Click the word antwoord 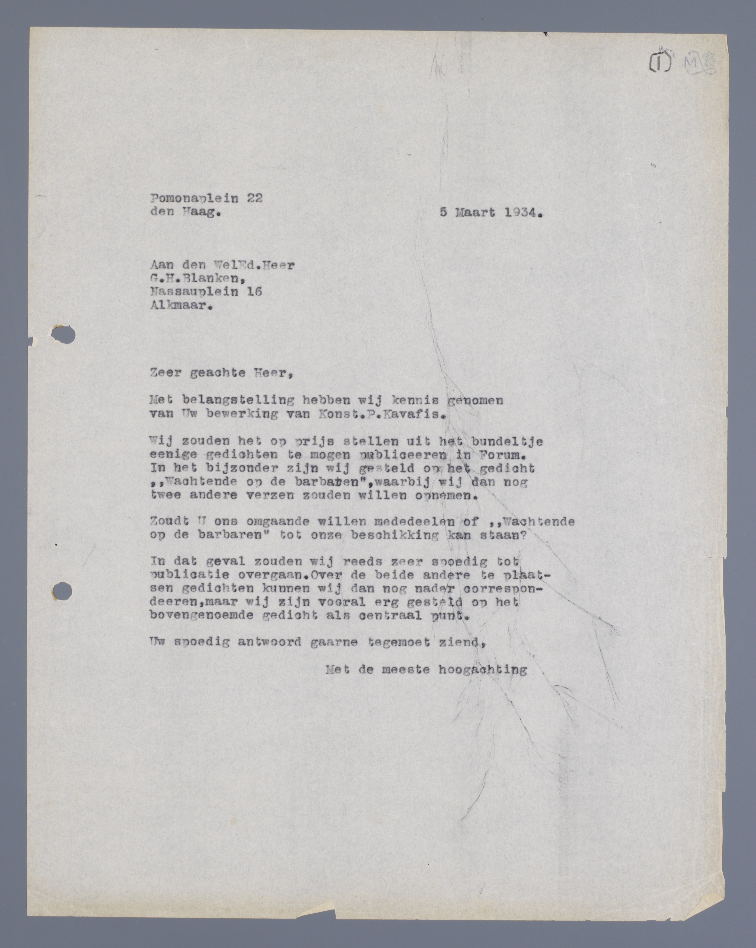[270, 643]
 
